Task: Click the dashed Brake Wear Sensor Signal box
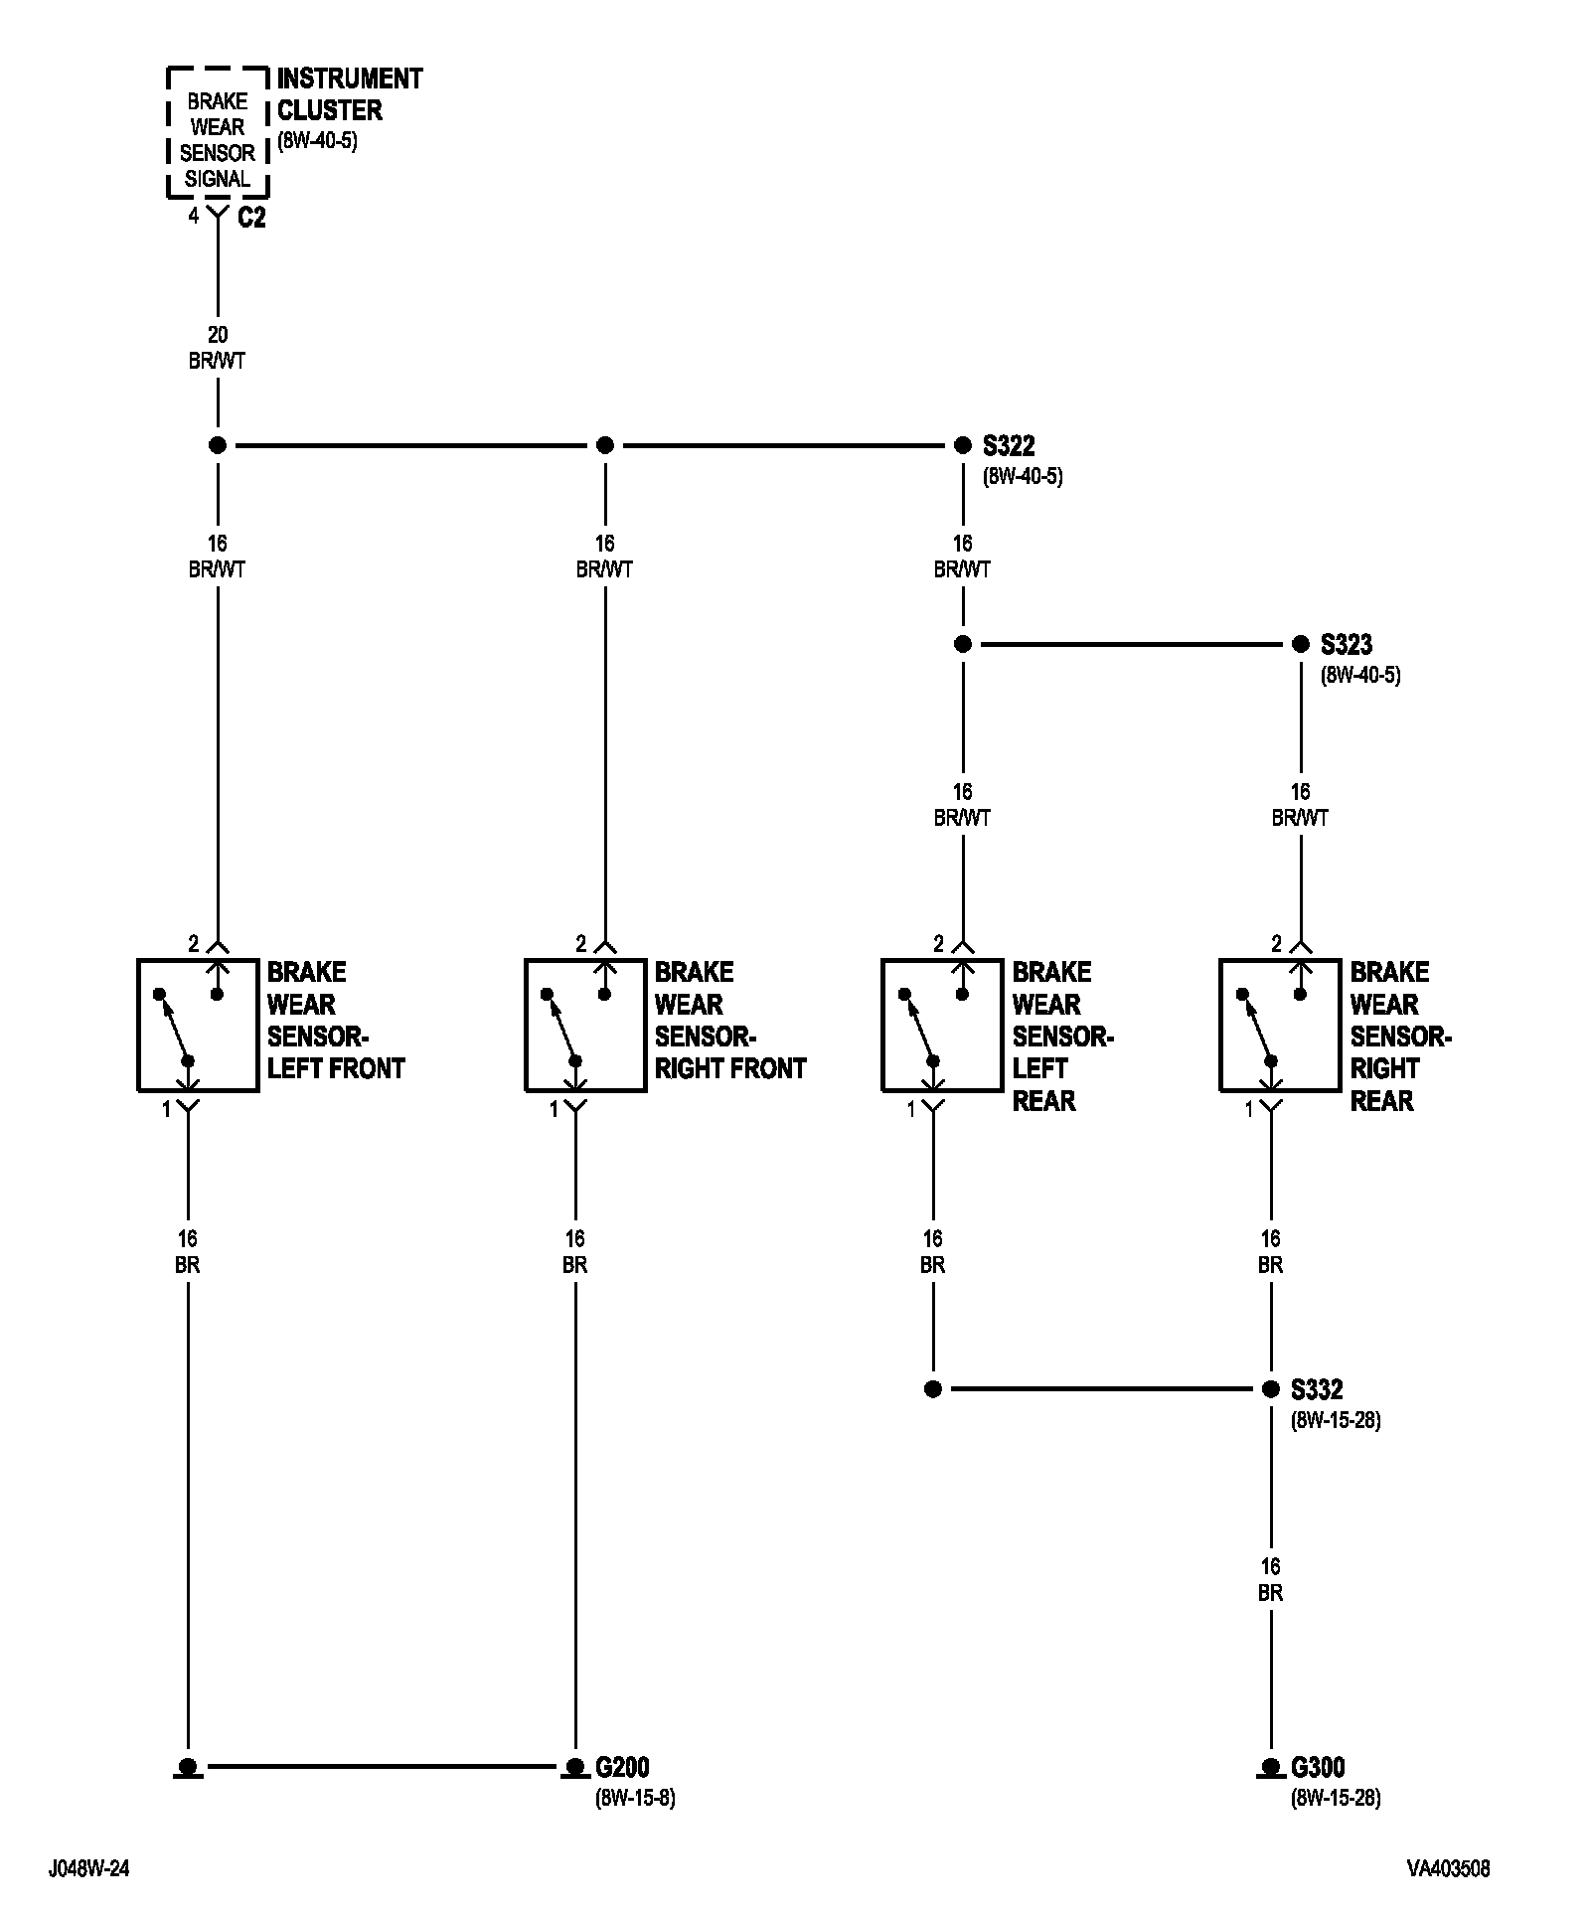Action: (217, 131)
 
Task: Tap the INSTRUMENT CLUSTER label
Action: (349, 93)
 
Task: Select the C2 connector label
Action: (251, 217)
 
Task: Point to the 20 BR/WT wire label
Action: (217, 348)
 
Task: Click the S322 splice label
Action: (1009, 445)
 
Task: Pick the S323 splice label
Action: (1347, 644)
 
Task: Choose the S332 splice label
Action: (1317, 1389)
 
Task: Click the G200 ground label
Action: (622, 1767)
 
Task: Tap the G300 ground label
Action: (1318, 1767)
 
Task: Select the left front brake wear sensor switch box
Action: (198, 1025)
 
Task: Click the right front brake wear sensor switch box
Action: (585, 1025)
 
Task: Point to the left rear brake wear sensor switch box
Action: (942, 1025)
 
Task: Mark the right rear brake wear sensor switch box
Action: (1280, 1025)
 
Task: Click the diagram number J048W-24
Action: (88, 1869)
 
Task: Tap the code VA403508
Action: (1448, 1869)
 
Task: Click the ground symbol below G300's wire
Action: (1270, 1769)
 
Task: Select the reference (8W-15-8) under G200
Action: (635, 1798)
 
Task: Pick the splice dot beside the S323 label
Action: (1300, 644)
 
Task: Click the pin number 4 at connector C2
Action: (194, 216)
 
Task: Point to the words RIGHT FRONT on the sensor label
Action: (730, 1068)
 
